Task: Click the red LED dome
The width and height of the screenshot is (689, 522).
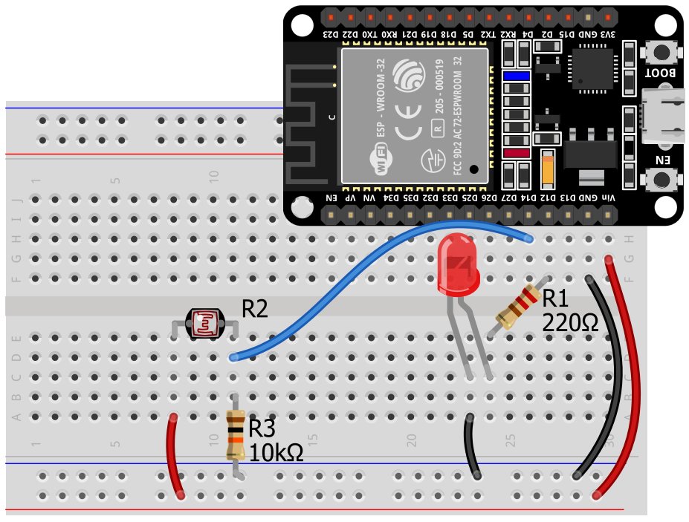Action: pos(459,261)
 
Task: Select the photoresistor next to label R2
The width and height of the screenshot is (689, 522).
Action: pos(204,324)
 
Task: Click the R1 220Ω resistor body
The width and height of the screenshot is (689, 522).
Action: pos(518,307)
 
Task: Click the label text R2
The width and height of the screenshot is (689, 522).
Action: pos(254,309)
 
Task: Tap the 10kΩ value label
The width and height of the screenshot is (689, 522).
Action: pos(276,452)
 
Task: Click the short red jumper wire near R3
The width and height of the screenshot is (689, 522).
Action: pos(175,454)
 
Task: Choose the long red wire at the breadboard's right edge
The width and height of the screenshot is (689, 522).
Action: pos(629,379)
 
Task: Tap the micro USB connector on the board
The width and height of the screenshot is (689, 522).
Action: pos(664,115)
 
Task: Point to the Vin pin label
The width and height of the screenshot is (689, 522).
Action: pos(608,197)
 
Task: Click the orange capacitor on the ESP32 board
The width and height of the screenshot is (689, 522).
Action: pos(548,169)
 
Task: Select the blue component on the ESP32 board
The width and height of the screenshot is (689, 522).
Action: pos(516,76)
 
